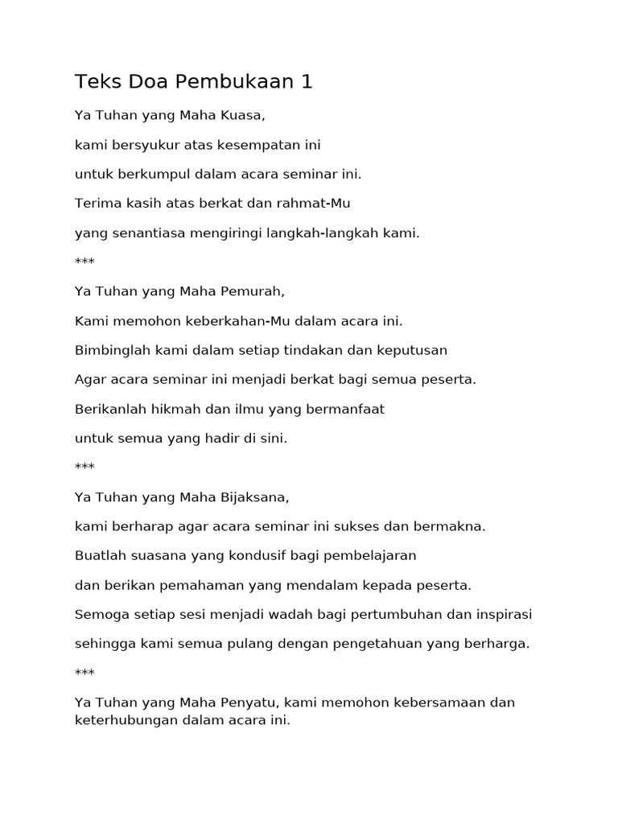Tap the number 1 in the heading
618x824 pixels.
(x=306, y=81)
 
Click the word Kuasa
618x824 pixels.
(x=243, y=115)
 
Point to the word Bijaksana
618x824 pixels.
(x=254, y=497)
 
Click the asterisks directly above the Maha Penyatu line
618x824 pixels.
(x=84, y=673)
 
